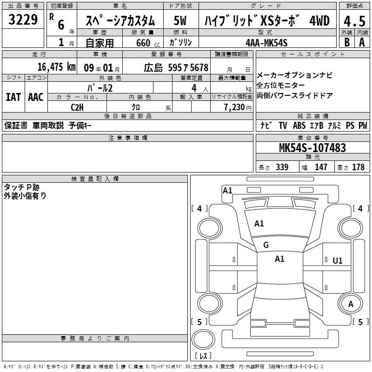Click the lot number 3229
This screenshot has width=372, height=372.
pos(23,20)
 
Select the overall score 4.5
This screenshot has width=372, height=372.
pos(354,21)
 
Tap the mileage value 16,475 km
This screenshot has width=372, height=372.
pos(57,67)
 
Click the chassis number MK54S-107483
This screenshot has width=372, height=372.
pos(312,147)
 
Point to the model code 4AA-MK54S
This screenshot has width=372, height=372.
pos(266,43)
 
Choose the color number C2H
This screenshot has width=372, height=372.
pos(77,107)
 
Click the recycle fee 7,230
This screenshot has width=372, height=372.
pos(234,107)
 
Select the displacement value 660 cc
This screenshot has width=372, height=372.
pos(148,43)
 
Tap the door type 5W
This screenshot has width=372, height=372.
pos(180,20)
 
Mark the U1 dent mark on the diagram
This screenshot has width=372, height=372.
pos(338,261)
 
